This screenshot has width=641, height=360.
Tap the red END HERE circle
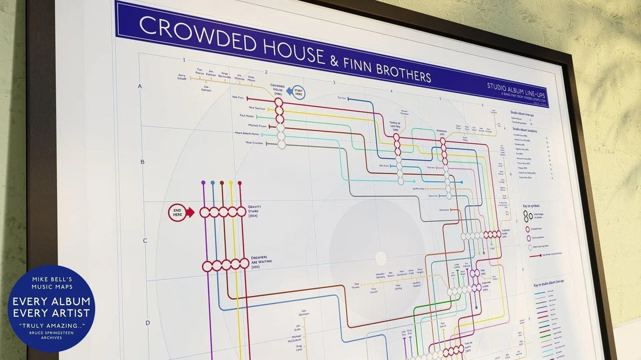coord(177,212)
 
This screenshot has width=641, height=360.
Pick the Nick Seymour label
coord(256,108)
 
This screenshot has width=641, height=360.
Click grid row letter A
coord(140,86)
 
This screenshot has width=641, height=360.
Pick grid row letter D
coord(147,322)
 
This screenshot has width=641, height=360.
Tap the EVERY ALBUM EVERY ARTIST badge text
coord(51,306)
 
